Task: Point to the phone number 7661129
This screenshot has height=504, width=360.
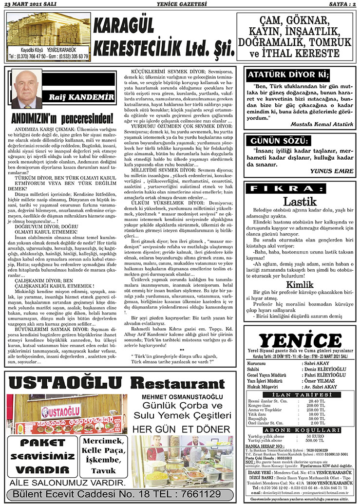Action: point(201,494)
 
